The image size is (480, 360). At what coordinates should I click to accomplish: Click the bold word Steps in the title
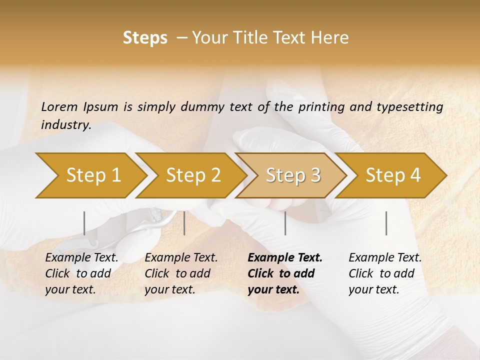(145, 38)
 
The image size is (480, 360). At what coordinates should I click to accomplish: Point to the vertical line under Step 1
(84, 223)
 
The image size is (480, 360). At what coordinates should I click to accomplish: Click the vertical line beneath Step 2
(184, 223)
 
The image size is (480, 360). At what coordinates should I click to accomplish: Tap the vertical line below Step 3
(285, 223)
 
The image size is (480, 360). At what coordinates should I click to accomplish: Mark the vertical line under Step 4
(386, 223)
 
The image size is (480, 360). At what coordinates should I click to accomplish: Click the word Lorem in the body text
(59, 106)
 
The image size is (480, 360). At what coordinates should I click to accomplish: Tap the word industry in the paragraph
(65, 125)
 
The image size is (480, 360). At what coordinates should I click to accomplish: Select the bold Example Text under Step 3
(285, 258)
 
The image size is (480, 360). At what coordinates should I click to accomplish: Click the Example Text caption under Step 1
(82, 258)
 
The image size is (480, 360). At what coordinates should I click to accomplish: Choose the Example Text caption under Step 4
(385, 258)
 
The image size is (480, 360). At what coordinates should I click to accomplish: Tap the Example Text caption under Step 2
(181, 258)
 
